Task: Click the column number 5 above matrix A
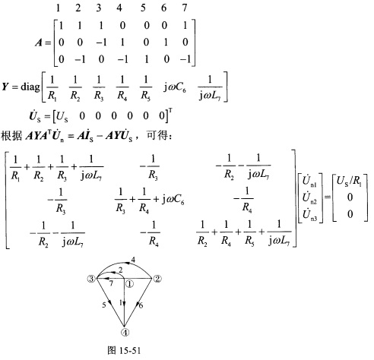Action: (x=143, y=8)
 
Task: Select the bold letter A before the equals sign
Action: (x=39, y=43)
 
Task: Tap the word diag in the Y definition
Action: (x=30, y=87)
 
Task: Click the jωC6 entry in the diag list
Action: (x=175, y=87)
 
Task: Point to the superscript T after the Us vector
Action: (x=170, y=111)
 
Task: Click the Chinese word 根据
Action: (x=11, y=136)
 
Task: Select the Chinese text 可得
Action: (x=157, y=136)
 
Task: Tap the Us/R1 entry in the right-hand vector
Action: (x=349, y=182)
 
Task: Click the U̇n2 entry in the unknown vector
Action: (x=309, y=197)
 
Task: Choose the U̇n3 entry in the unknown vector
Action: (x=309, y=214)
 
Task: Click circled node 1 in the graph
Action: (x=129, y=284)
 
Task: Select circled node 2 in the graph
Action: (x=157, y=279)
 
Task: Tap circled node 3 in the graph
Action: (x=90, y=279)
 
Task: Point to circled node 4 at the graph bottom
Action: (x=125, y=332)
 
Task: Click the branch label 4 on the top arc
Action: (x=133, y=260)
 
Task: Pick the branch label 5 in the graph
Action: (x=104, y=305)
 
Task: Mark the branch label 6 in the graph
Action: (x=141, y=305)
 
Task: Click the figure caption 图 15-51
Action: (x=124, y=350)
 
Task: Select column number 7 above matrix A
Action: (x=185, y=8)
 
